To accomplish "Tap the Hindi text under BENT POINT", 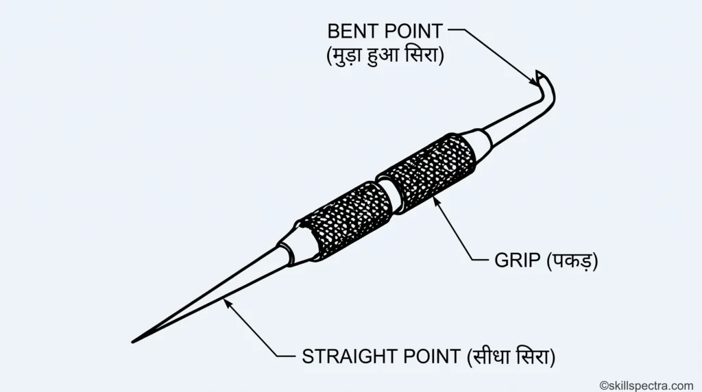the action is point(385,56).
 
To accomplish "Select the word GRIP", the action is point(517,260).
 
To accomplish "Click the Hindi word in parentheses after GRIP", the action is point(572,261).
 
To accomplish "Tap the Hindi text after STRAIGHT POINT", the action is point(511,356).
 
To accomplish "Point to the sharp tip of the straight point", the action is point(133,342).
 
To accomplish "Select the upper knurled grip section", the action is point(426,172).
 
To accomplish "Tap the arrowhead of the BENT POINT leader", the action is point(533,82).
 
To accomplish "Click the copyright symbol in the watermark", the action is point(604,386).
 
